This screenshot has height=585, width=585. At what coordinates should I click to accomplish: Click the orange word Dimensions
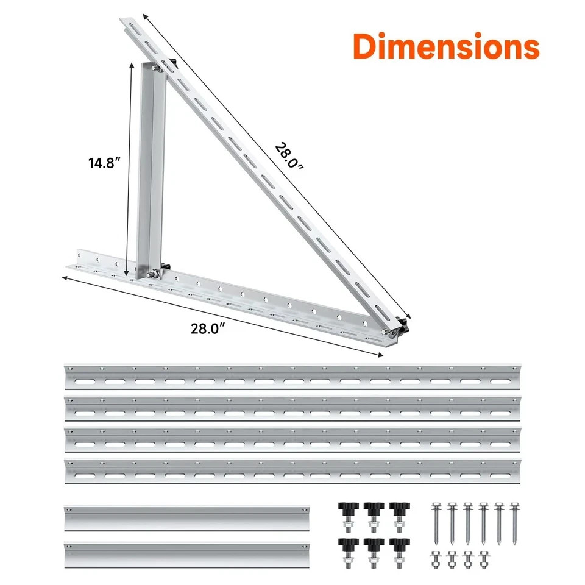pyautogui.click(x=447, y=46)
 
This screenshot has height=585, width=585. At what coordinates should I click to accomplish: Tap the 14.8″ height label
pyautogui.click(x=104, y=163)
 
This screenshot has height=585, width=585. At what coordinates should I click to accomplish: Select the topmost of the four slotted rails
pyautogui.click(x=292, y=377)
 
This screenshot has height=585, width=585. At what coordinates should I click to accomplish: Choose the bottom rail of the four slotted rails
pyautogui.click(x=292, y=471)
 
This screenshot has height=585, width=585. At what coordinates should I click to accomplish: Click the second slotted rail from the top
pyautogui.click(x=292, y=408)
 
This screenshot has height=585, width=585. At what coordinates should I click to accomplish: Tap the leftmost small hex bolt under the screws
pyautogui.click(x=436, y=559)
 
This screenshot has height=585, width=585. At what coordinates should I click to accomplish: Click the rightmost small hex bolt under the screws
pyautogui.click(x=484, y=559)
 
